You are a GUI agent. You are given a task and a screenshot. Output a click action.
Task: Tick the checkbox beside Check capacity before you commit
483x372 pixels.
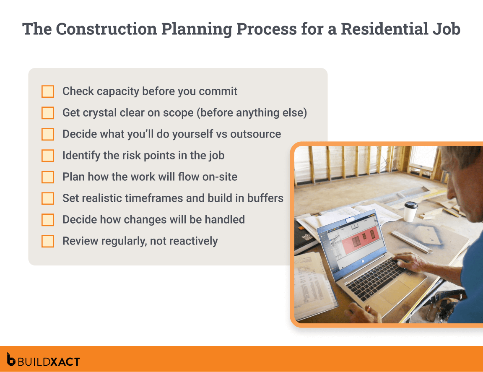point(48,91)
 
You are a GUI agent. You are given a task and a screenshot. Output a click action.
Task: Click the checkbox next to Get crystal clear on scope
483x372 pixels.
point(48,113)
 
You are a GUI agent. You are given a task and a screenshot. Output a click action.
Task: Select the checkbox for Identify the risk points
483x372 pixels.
point(48,156)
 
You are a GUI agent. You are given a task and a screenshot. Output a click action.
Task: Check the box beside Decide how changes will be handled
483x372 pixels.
point(48,220)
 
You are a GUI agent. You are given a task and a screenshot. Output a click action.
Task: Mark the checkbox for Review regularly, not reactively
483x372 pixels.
point(48,241)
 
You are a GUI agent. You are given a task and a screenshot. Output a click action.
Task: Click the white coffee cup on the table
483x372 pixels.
point(410,212)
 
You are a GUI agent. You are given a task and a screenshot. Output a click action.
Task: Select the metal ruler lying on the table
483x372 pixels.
point(413,244)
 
